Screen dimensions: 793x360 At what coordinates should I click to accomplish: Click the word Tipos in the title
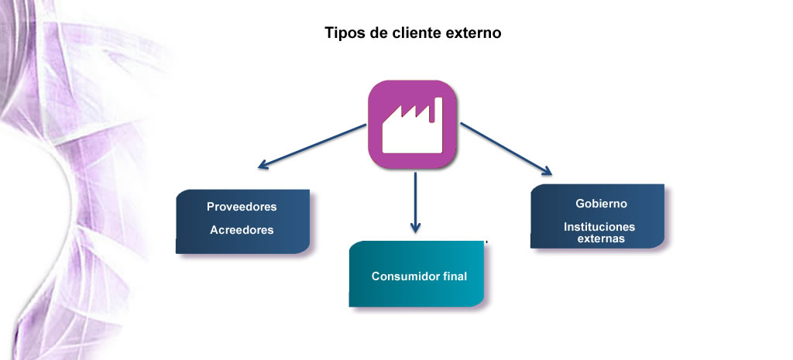[x=342, y=33]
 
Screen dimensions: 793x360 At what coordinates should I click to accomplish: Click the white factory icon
[x=412, y=125]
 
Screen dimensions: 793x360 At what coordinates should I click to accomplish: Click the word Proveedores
[x=242, y=207]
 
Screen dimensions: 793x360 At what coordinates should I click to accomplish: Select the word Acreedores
[x=242, y=230]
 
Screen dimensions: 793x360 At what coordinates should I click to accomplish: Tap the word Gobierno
[x=601, y=204]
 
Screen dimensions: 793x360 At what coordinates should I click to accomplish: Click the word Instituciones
[x=599, y=227]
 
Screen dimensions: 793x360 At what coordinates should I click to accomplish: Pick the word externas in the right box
[x=601, y=238]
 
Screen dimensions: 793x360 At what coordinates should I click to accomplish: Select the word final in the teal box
[x=455, y=276]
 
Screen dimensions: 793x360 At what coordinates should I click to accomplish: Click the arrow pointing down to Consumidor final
[x=415, y=202]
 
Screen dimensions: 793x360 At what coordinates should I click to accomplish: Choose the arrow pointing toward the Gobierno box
[x=506, y=149]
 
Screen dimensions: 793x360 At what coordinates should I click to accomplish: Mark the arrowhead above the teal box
[x=415, y=227]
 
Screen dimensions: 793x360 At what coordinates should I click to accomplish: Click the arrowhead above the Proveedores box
[x=264, y=164]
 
